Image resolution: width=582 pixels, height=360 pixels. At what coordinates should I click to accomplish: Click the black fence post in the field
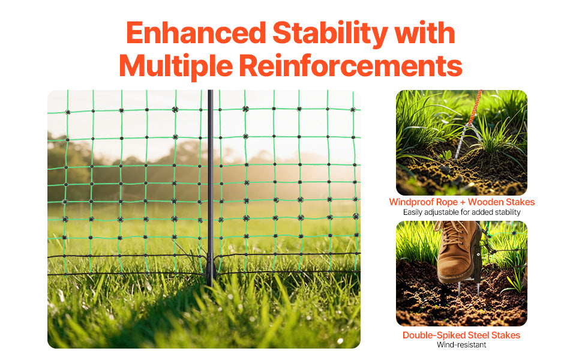point(210,180)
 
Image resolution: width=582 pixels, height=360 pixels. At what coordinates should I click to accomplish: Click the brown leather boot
point(459,252)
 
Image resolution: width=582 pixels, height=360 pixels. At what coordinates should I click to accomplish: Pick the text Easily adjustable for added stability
point(461,212)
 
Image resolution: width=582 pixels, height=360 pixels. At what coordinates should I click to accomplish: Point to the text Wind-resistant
point(461,345)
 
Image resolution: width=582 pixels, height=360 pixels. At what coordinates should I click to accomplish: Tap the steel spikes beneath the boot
point(462,292)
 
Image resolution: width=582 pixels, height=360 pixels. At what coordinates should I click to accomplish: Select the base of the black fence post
point(210,270)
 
